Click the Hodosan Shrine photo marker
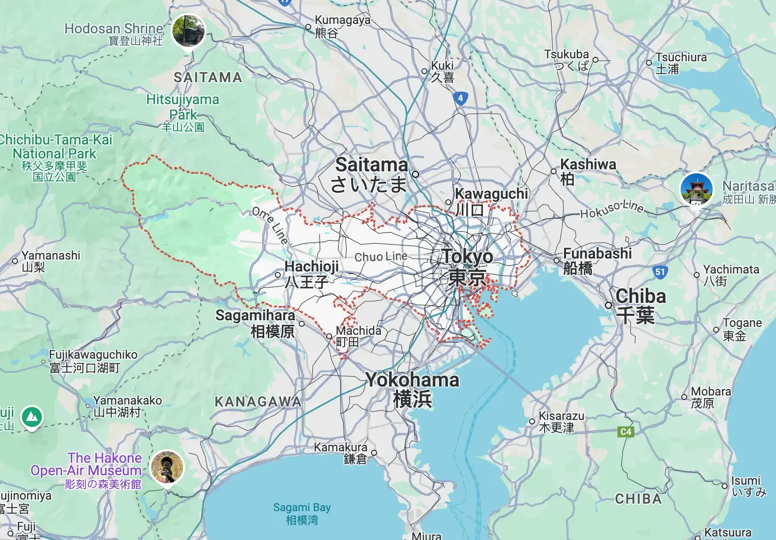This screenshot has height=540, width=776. (189, 31)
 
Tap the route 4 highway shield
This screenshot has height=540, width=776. (460, 98)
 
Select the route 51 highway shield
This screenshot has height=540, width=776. (660, 271)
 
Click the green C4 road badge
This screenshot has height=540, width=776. (626, 431)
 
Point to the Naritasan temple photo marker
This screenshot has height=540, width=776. (696, 190)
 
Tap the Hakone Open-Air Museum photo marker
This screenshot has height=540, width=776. (168, 467)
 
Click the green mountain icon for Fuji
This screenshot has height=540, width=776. (32, 416)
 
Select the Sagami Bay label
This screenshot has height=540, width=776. (302, 513)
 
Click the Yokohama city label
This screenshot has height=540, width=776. (412, 389)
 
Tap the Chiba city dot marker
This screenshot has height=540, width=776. (608, 305)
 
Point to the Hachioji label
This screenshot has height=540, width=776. (311, 273)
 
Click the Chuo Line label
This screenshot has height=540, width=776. (381, 257)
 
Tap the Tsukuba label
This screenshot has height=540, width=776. (567, 59)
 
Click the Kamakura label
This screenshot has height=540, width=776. (341, 452)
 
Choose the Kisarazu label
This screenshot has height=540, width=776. (561, 421)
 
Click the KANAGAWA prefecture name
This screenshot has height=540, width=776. (258, 402)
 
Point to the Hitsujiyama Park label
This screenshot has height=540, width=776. (183, 113)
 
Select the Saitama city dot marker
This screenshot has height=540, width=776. (415, 174)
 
